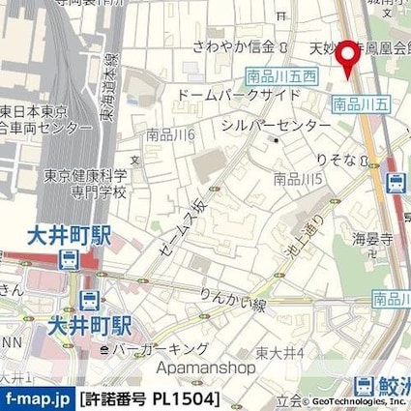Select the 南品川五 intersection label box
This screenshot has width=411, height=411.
coord(360,102)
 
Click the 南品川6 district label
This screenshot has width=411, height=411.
coord(171,137)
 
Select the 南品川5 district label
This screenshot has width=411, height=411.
coord(298,178)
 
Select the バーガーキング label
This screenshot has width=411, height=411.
coord(161,348)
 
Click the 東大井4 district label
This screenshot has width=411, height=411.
coord(281,351)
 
